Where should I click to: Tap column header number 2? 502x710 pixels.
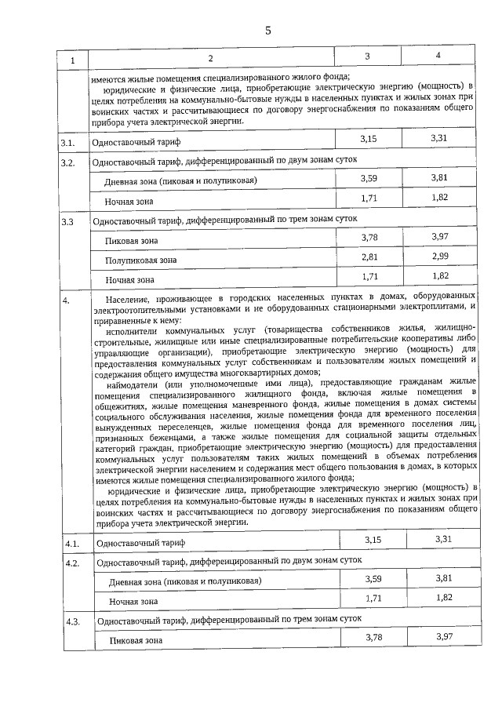(210, 59)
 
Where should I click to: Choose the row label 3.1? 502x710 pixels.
(69, 143)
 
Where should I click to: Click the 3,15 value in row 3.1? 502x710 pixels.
(369, 139)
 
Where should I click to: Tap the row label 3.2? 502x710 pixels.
(69, 163)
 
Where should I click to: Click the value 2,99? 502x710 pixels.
(439, 256)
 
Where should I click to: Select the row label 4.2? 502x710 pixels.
(72, 563)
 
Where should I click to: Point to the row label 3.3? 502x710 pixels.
(68, 222)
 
